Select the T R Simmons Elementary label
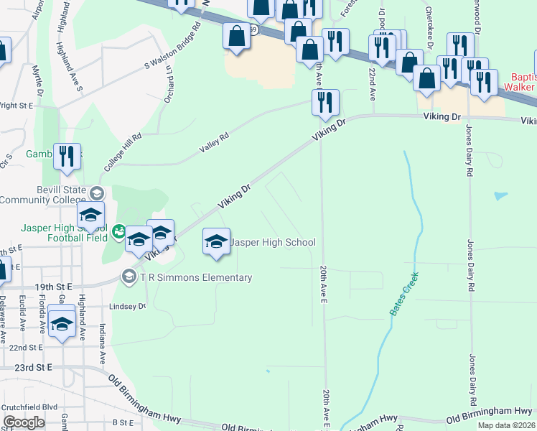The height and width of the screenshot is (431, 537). tap(196, 278)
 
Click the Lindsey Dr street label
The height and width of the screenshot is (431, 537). tap(127, 306)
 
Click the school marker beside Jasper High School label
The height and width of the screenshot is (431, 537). tap(216, 241)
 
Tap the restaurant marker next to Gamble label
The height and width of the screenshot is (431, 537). tap(67, 157)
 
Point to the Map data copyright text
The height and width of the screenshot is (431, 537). tap(506, 425)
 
